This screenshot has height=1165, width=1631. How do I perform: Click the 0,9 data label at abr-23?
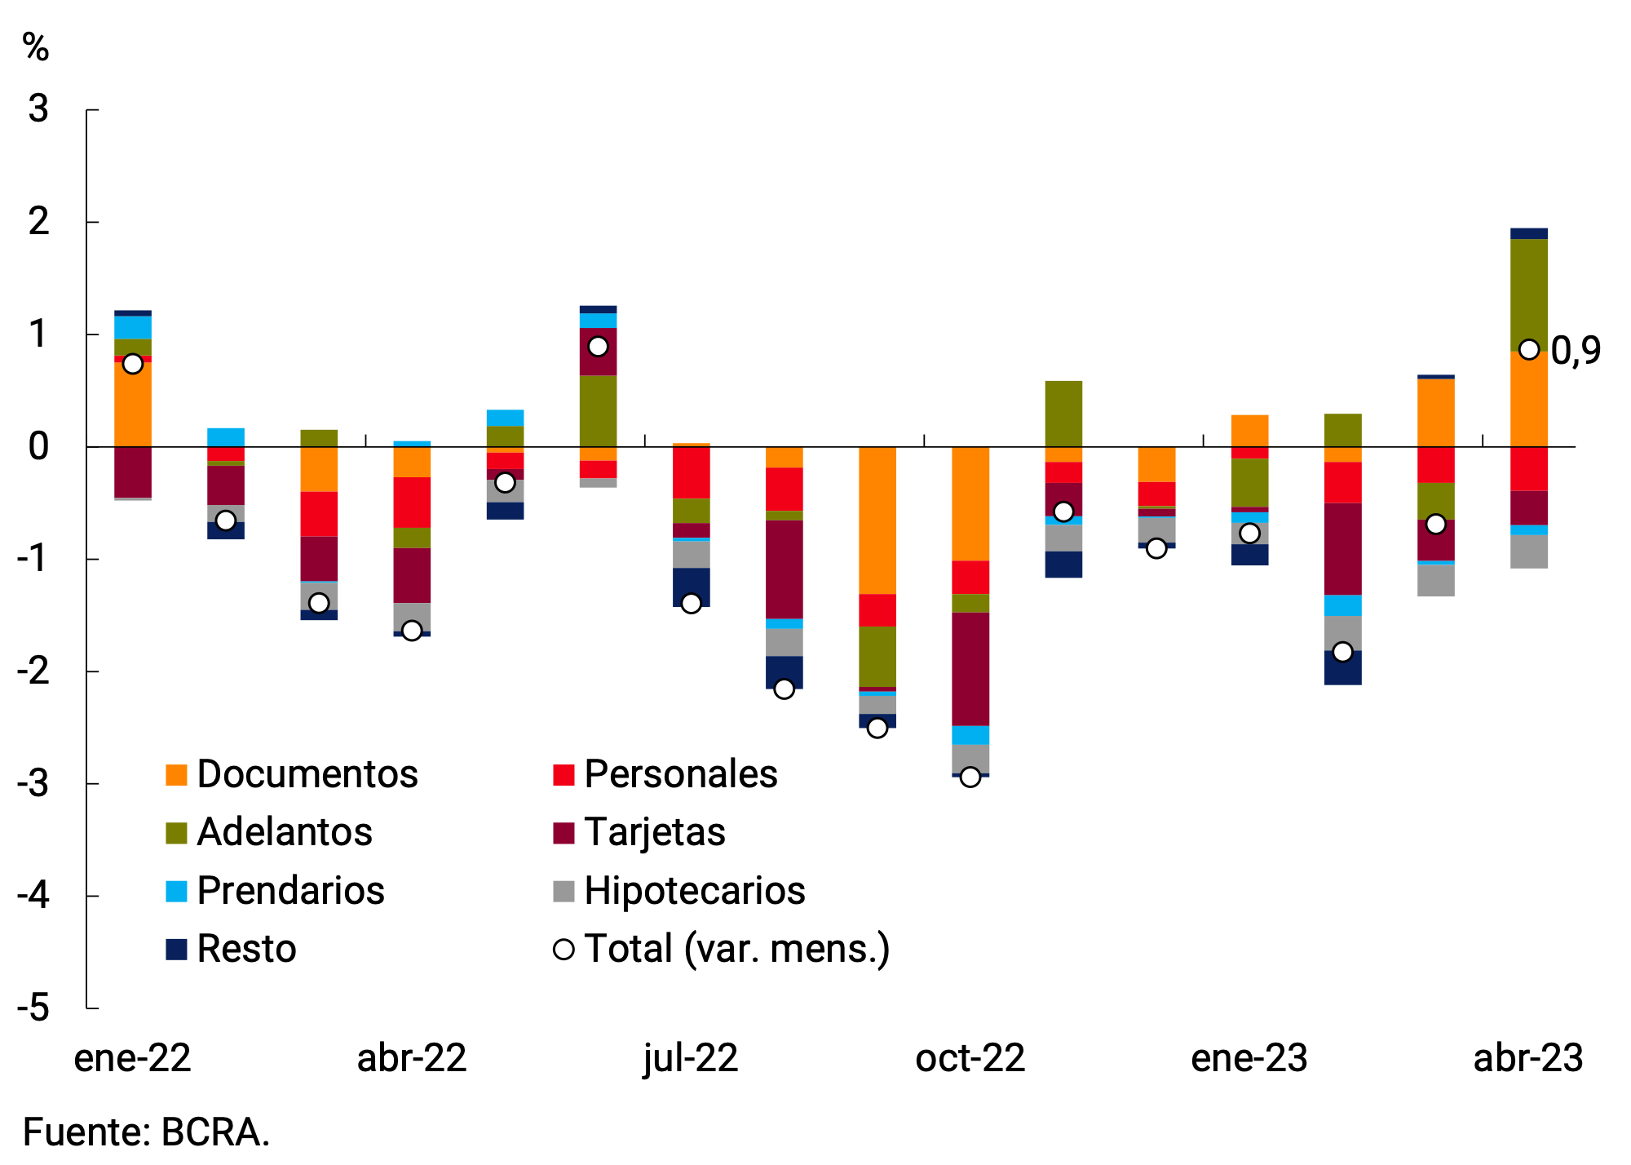[x=1575, y=351]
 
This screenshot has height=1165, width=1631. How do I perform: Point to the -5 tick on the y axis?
[x=34, y=1008]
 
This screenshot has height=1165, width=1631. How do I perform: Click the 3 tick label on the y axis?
[x=38, y=109]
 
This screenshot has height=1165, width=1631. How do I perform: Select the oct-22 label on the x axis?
[x=970, y=1058]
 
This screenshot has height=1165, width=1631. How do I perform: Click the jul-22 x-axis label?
[x=691, y=1058]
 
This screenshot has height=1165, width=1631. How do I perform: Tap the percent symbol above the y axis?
[x=36, y=47]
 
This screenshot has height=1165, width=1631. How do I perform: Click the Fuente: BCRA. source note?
[x=147, y=1132]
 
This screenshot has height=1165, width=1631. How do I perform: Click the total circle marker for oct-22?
[x=970, y=777]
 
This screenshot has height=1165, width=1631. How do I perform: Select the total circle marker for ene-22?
[x=133, y=364]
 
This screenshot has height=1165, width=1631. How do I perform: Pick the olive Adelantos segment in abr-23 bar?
[x=1528, y=294]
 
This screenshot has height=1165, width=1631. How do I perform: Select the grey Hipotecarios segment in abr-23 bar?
[x=1528, y=551]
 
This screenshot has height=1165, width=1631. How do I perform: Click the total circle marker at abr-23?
[x=1528, y=349]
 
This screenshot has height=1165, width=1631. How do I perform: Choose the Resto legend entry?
[x=245, y=949]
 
